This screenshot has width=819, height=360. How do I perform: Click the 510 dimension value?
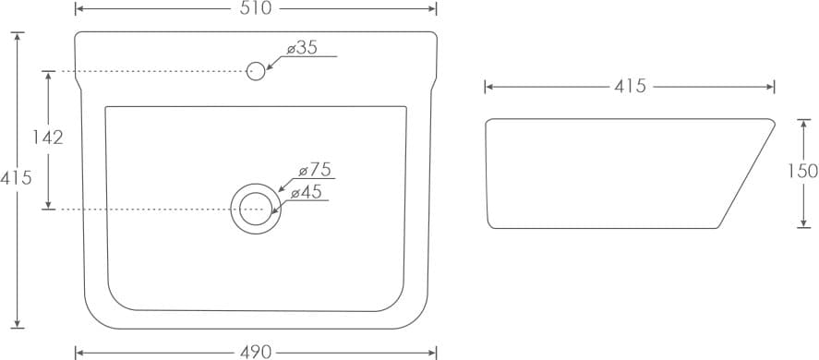click(x=256, y=8)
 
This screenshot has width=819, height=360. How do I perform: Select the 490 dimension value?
click(x=256, y=353)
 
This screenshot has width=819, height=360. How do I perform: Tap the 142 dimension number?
click(x=47, y=137)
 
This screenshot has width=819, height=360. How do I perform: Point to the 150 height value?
click(x=802, y=171)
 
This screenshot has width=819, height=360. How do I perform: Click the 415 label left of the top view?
click(x=16, y=178)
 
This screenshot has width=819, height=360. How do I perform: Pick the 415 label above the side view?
click(x=630, y=86)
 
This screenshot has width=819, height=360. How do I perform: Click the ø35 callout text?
click(x=303, y=48)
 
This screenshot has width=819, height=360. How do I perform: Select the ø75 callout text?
click(x=315, y=170)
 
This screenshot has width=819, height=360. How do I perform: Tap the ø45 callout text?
click(x=306, y=192)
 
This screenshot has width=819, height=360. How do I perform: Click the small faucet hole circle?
click(x=256, y=71)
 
